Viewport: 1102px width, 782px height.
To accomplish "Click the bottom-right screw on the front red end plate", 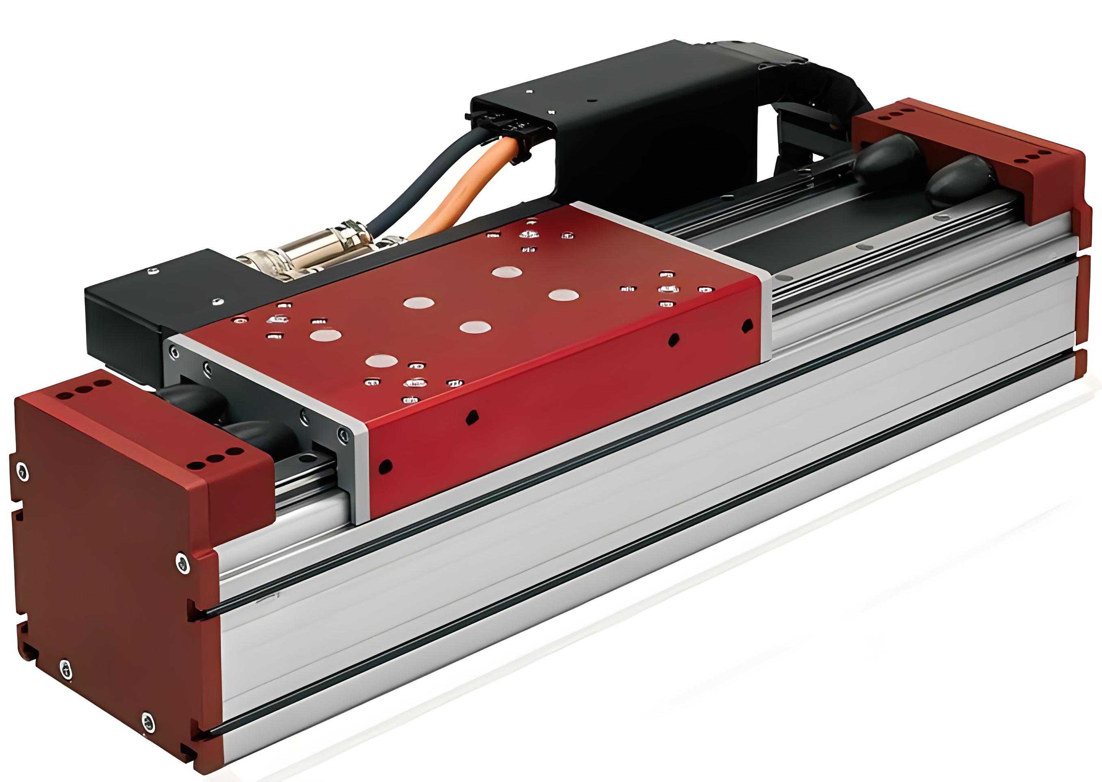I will [x=149, y=721].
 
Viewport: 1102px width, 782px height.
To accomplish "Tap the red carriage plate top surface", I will [x=482, y=299].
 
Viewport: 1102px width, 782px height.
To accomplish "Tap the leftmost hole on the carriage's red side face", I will [x=385, y=466].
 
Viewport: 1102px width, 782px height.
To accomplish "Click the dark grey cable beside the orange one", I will [x=414, y=183].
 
